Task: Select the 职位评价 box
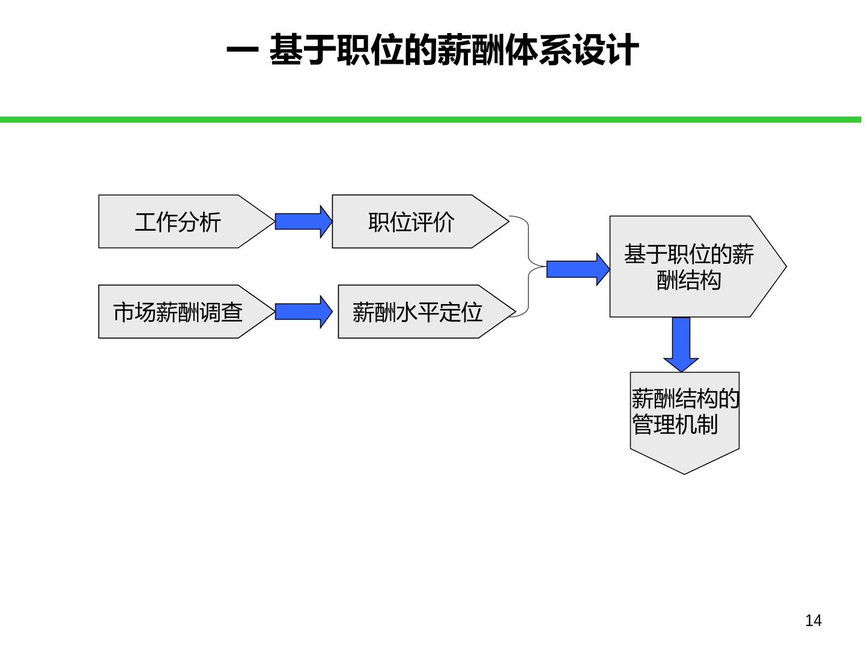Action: (420, 222)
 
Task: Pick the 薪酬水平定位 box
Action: (426, 312)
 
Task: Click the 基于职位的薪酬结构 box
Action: (697, 267)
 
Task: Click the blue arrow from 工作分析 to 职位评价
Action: (303, 222)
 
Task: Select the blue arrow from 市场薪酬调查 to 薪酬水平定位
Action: (303, 312)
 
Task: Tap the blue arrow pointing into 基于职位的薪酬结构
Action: (578, 270)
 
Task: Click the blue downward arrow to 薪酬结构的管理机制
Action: (681, 345)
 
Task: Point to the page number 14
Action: (813, 621)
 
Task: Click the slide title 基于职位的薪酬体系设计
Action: (454, 50)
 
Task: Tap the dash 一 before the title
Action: (242, 50)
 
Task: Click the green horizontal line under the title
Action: (430, 120)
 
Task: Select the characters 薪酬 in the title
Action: (470, 50)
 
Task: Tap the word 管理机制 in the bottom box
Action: (675, 425)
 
